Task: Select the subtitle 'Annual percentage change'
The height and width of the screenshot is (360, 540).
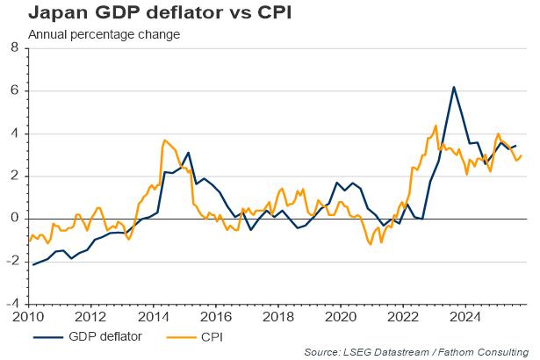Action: pos(104,35)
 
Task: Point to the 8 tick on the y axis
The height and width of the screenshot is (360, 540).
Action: pos(14,49)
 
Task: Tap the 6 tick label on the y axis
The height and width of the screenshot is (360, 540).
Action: pos(14,91)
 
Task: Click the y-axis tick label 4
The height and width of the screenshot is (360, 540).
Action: pos(14,133)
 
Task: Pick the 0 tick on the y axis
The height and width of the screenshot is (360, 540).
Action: pos(14,219)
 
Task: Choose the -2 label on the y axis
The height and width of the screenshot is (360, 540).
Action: pos(12,261)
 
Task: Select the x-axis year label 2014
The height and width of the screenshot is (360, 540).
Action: pos(155,316)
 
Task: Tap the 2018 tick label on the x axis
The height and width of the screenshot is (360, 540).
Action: pos(279,316)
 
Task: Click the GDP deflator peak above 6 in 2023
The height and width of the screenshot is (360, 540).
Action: pos(453,87)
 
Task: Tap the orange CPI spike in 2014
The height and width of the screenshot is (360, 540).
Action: pos(164,140)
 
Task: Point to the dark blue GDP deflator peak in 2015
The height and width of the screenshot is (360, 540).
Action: pos(188,153)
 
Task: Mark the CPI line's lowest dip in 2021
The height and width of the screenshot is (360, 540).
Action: pos(370,244)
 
